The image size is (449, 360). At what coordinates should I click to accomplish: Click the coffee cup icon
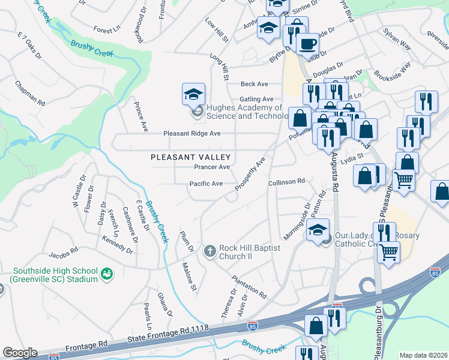tap(309, 44)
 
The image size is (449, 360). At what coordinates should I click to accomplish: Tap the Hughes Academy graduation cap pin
tap(194, 94)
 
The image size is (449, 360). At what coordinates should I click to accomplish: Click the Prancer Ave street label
tap(211, 167)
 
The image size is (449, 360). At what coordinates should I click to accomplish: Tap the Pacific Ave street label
tap(206, 184)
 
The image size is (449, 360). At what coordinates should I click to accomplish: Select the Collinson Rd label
tap(287, 181)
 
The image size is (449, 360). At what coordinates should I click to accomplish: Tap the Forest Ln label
tap(107, 29)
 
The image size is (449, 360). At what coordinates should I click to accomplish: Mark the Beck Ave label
tap(254, 84)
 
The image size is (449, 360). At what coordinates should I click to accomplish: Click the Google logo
tap(20, 353)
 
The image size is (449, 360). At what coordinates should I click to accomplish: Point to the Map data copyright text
tap(423, 355)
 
